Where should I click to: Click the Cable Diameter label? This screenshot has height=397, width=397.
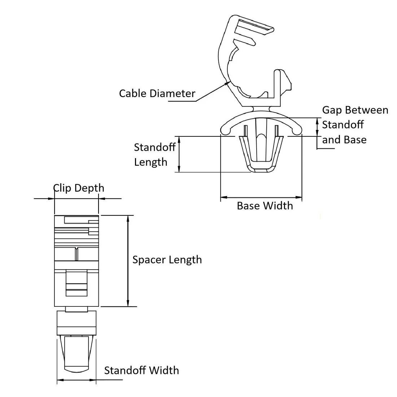pyautogui.click(x=157, y=93)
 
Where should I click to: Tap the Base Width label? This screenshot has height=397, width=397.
pyautogui.click(x=265, y=206)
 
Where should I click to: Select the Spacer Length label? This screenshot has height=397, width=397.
pyautogui.click(x=167, y=260)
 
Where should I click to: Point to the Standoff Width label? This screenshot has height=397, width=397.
pyautogui.click(x=141, y=370)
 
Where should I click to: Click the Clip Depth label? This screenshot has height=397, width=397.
pyautogui.click(x=79, y=188)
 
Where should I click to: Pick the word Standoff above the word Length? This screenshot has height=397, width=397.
pyautogui.click(x=154, y=147)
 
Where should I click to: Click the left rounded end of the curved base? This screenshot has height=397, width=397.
pyautogui.click(x=225, y=129)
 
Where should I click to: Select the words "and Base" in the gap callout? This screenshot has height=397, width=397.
pyautogui.click(x=344, y=140)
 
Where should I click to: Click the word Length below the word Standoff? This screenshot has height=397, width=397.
pyautogui.click(x=150, y=162)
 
